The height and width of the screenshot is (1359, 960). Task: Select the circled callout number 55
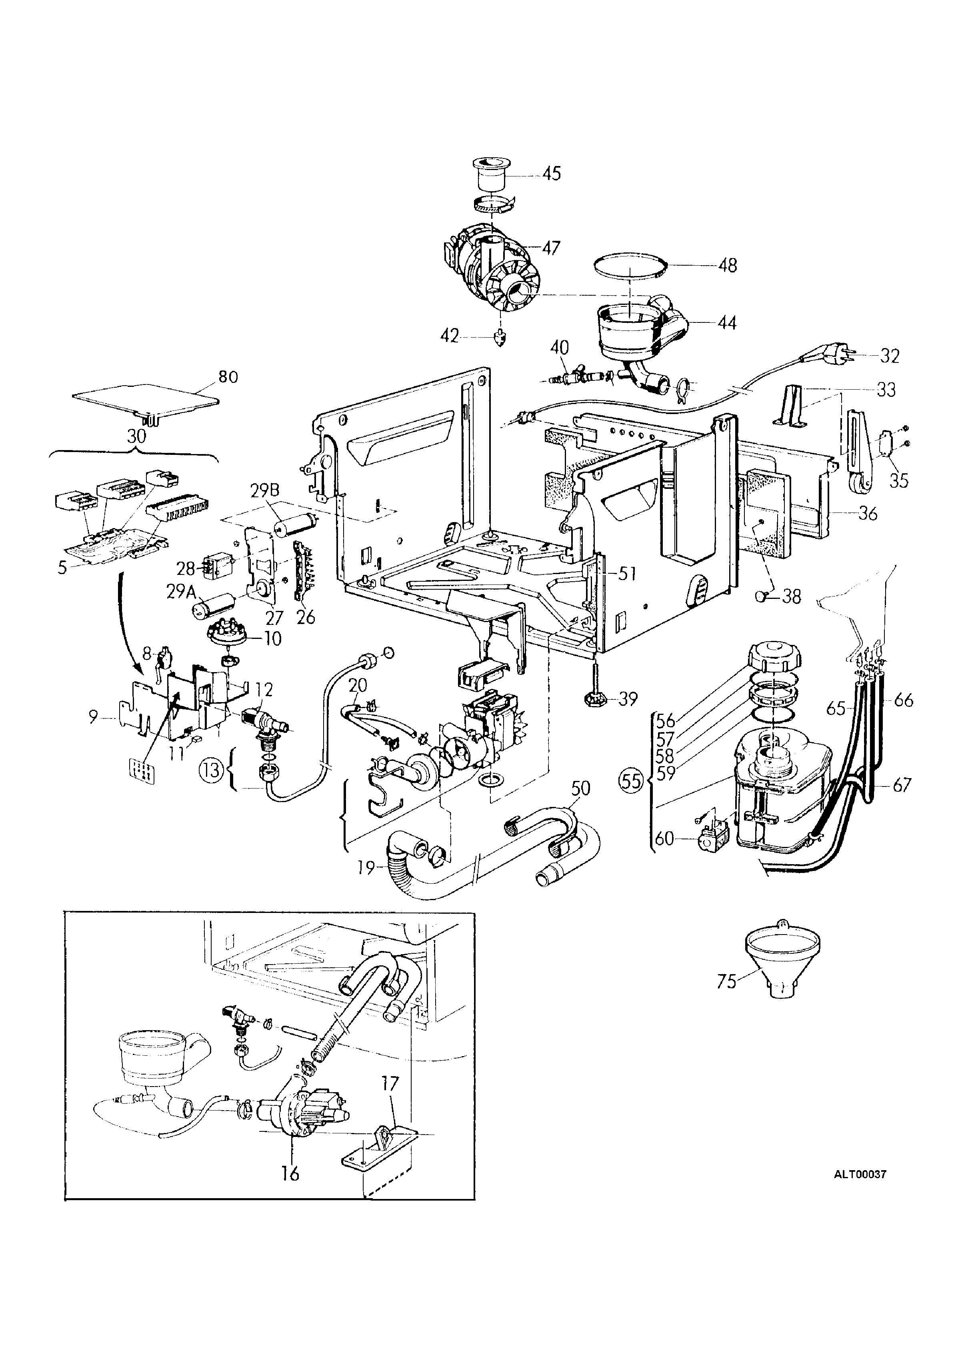tap(632, 781)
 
